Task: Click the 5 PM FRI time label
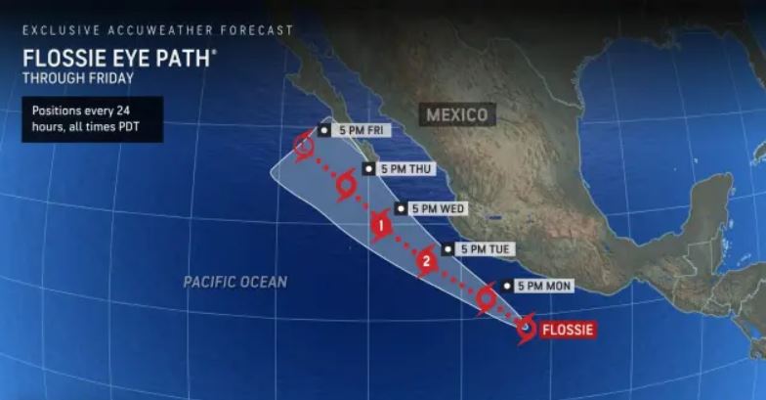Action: [x=357, y=130]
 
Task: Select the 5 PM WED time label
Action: [x=436, y=208]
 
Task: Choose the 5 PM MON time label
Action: [x=540, y=286]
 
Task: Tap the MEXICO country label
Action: [x=457, y=115]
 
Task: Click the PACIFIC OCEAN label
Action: [x=235, y=282]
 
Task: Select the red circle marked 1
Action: [x=381, y=227]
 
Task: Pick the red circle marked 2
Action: [x=426, y=261]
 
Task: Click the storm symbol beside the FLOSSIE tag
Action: [x=526, y=330]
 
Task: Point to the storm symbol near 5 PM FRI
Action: [x=304, y=147]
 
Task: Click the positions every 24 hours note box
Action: [x=92, y=119]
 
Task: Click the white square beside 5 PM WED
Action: [x=401, y=208]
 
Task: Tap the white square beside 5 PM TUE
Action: [x=447, y=249]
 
